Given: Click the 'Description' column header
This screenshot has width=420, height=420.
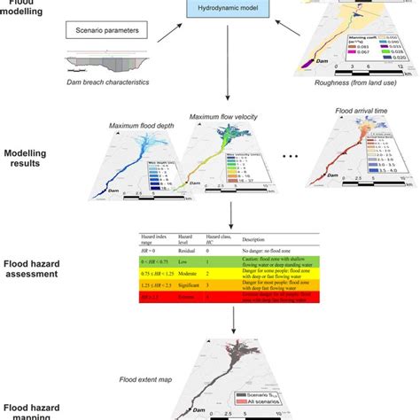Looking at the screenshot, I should (253, 240).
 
